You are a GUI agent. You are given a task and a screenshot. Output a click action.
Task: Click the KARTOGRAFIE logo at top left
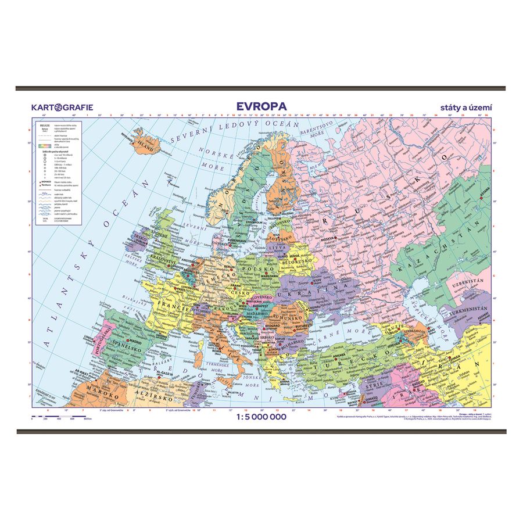click(x=62, y=107)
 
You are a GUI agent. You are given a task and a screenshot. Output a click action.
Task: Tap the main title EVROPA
click(x=261, y=106)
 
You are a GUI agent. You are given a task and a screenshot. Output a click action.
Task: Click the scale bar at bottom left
click(x=58, y=416)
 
